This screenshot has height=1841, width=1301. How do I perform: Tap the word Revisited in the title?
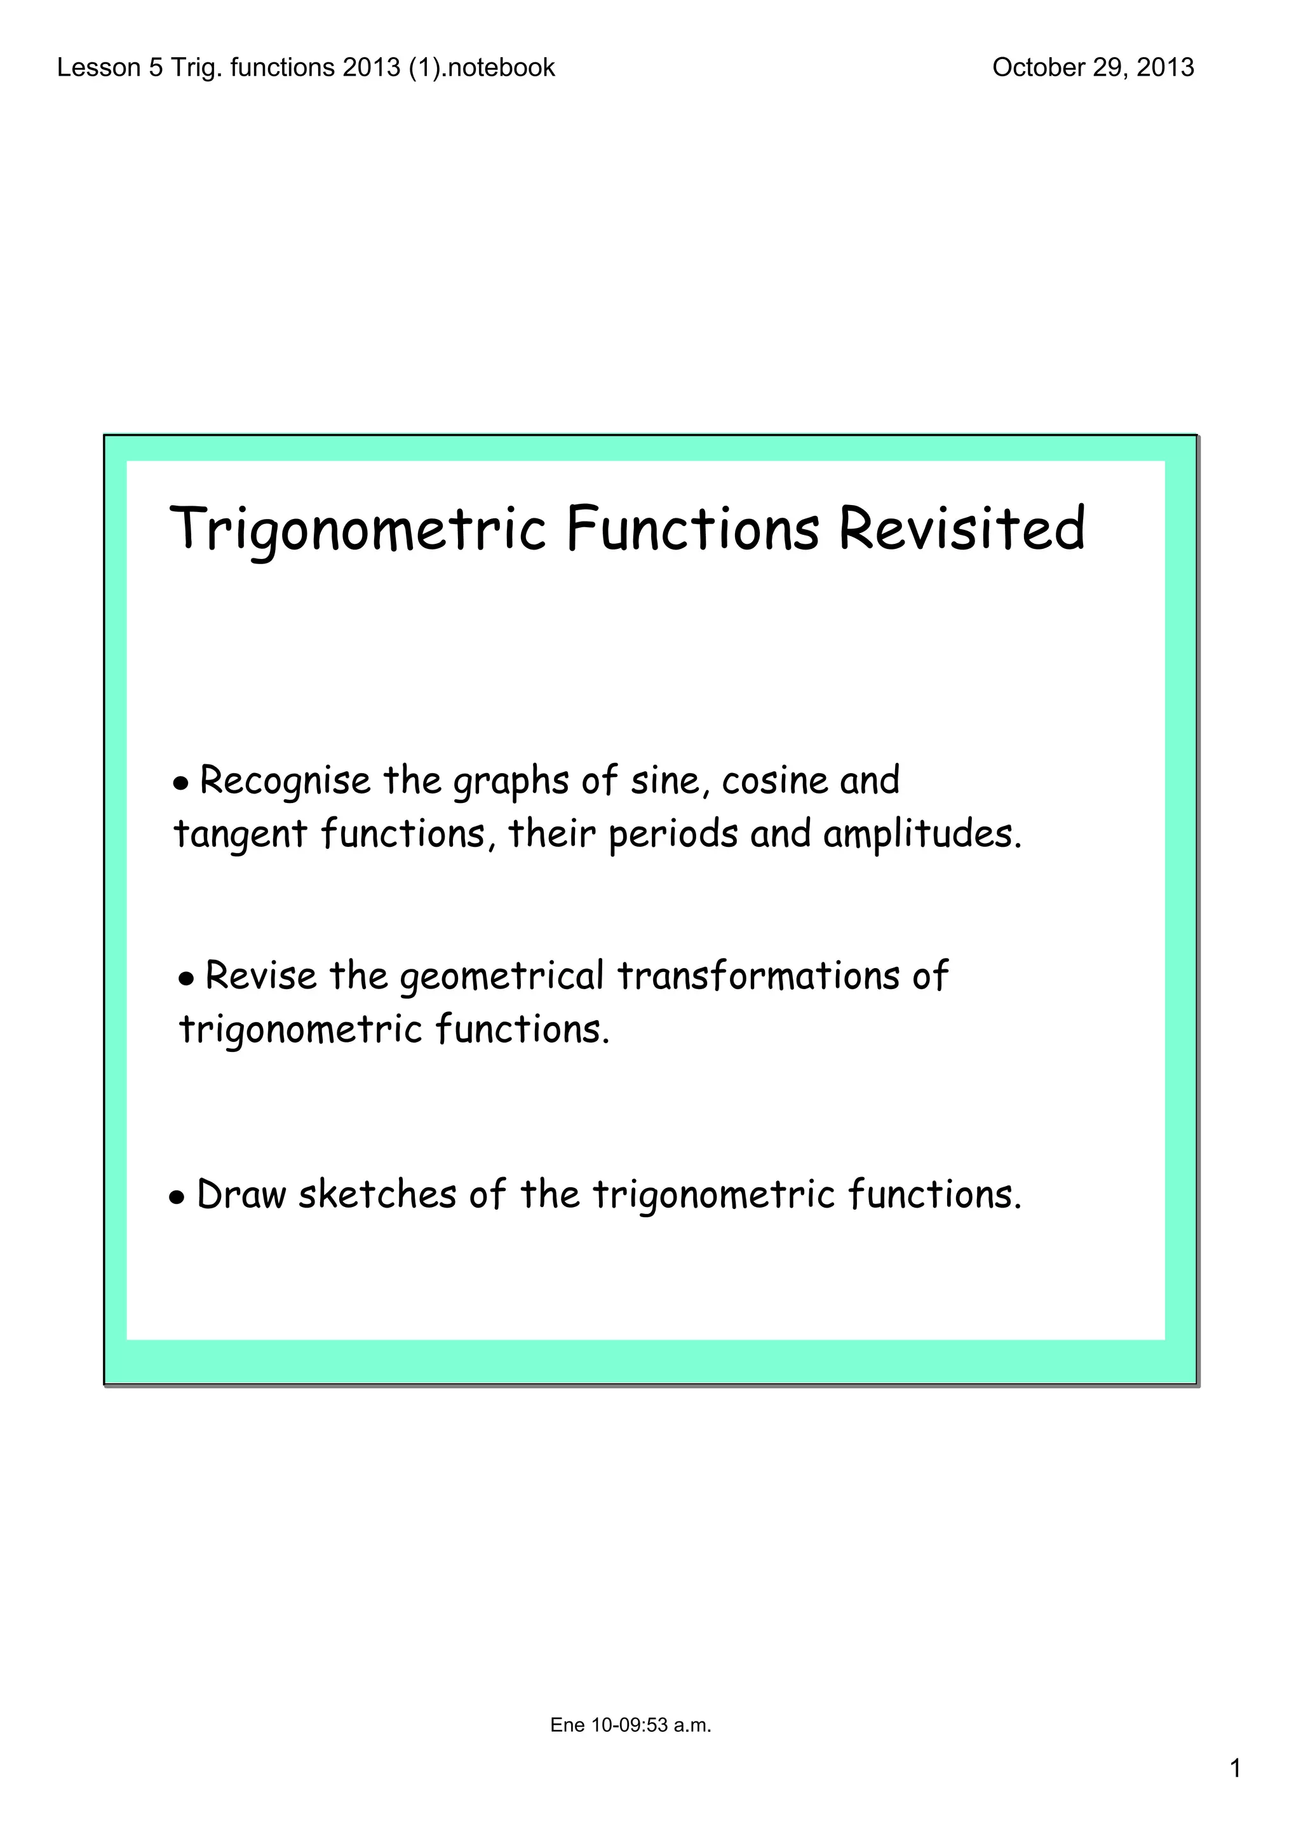tap(961, 529)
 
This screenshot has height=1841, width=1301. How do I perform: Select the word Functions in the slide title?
tap(692, 529)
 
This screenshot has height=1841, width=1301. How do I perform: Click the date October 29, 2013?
tap(1093, 67)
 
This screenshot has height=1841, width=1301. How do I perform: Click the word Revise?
tap(260, 976)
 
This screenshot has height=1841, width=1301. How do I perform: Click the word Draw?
tap(241, 1195)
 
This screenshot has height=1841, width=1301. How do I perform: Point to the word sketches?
tap(377, 1195)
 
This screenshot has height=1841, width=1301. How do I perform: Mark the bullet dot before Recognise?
tap(181, 784)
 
